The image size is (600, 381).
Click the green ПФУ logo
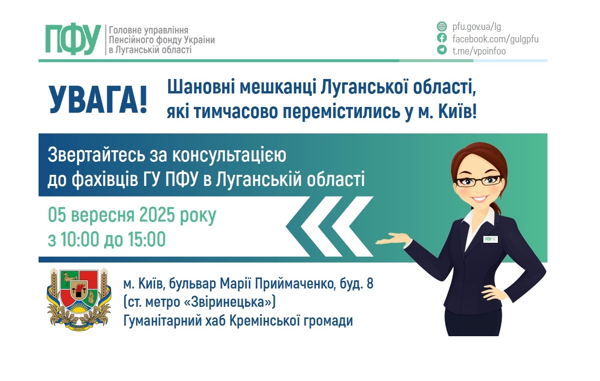pyautogui.click(x=73, y=39)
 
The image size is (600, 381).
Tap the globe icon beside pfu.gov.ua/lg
pyautogui.click(x=442, y=26)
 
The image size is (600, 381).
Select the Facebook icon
pyautogui.click(x=442, y=38)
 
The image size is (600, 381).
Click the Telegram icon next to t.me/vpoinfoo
pyautogui.click(x=442, y=50)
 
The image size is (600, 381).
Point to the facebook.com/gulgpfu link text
pyautogui.click(x=495, y=39)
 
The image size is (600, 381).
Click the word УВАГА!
pyautogui.click(x=98, y=100)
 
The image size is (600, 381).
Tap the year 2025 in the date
pyautogui.click(x=157, y=215)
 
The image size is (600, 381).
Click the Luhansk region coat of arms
pyautogui.click(x=79, y=299)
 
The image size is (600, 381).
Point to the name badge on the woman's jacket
pyautogui.click(x=491, y=239)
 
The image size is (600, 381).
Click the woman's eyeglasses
pyautogui.click(x=479, y=181)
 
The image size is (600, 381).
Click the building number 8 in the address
pyautogui.click(x=370, y=284)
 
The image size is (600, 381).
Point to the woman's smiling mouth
pyautogui.click(x=479, y=198)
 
